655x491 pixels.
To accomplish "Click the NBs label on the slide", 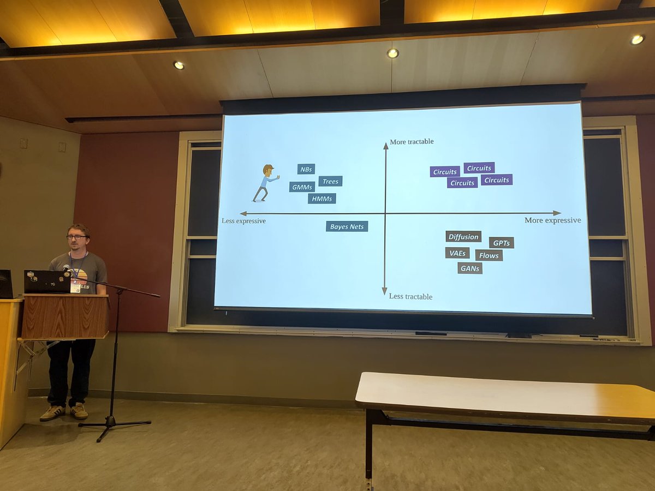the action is pyautogui.click(x=306, y=169).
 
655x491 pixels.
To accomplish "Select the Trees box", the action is pyautogui.click(x=330, y=181).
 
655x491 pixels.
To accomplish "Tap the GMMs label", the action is pyautogui.click(x=302, y=187).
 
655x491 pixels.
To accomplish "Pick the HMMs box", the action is pyautogui.click(x=321, y=199).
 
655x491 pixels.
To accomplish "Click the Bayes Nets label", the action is pyautogui.click(x=347, y=226).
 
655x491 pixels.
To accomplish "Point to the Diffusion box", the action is pyautogui.click(x=463, y=237).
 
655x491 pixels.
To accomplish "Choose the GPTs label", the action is pyautogui.click(x=501, y=243).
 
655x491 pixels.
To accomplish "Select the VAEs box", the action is pyautogui.click(x=457, y=253).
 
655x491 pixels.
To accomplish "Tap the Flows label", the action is pyautogui.click(x=489, y=255).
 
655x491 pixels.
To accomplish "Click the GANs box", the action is pyautogui.click(x=469, y=268).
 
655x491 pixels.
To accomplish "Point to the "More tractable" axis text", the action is pyautogui.click(x=412, y=142).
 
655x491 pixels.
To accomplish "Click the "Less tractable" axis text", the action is pyautogui.click(x=410, y=297).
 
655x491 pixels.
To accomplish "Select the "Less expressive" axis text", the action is pyautogui.click(x=243, y=221).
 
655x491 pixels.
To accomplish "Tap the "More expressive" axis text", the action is pyautogui.click(x=552, y=220).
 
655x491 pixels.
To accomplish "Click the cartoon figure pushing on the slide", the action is pyautogui.click(x=266, y=183).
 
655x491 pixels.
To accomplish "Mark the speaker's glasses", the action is pyautogui.click(x=77, y=237).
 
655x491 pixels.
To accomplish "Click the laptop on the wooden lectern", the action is pyautogui.click(x=47, y=282).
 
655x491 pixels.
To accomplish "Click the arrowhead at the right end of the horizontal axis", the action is pyautogui.click(x=557, y=213).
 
